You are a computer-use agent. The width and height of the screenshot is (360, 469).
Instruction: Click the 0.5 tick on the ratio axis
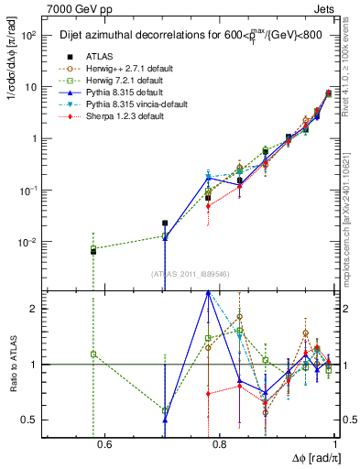[x=30, y=420]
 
